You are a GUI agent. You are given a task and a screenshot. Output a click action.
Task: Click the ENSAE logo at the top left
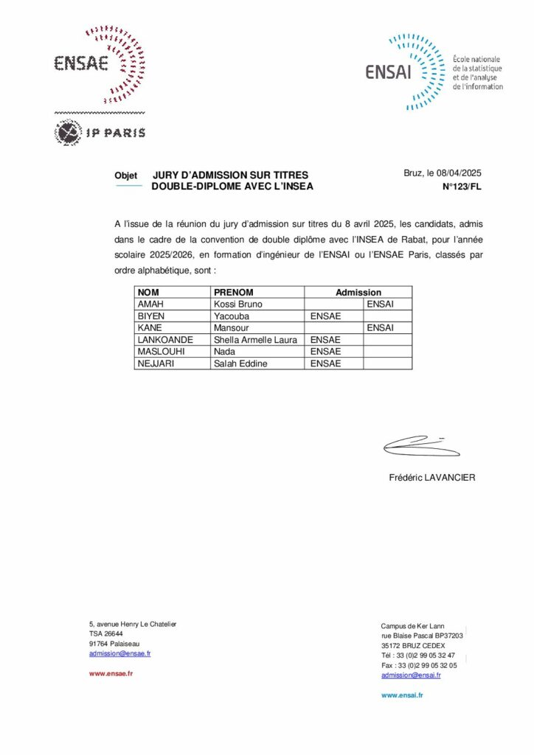[x=99, y=64]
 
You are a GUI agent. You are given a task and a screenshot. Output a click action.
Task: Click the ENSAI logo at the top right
[x=434, y=72]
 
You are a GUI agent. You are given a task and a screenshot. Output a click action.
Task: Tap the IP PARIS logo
[x=100, y=133]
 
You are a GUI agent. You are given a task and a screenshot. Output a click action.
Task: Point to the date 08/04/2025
[x=459, y=173]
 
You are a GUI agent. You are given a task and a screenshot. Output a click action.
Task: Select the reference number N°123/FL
[x=461, y=187]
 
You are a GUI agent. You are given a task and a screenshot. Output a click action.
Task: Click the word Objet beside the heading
[x=126, y=175]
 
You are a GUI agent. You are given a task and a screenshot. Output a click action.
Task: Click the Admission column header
[x=358, y=293]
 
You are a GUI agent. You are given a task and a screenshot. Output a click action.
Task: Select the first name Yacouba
[x=231, y=316]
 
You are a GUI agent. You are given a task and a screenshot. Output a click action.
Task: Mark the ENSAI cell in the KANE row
[x=380, y=327]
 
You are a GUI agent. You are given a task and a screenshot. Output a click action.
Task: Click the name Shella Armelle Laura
[x=255, y=340]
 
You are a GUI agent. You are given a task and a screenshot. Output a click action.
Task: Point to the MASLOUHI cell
[x=160, y=352]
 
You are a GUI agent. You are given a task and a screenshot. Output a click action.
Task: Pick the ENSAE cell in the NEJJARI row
[x=325, y=363]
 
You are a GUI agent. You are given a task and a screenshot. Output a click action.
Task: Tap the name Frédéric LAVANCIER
[x=432, y=478]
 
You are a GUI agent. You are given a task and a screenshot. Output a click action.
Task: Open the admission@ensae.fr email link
[x=119, y=653]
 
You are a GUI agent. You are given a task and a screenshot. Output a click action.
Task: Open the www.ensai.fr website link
[x=402, y=695]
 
